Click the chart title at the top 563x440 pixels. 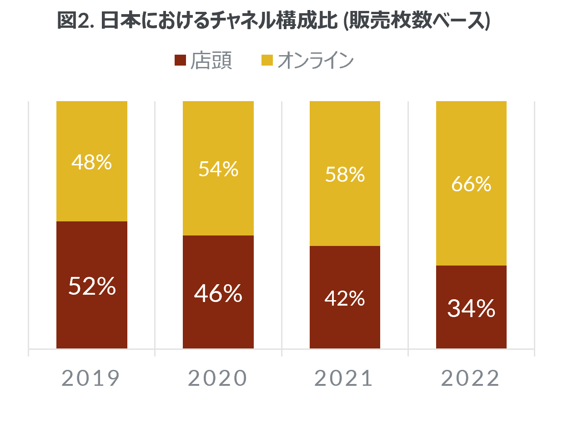tap(273, 21)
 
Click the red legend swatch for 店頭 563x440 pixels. tap(181, 60)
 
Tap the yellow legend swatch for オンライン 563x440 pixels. tap(267, 60)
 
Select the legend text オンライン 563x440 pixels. tap(315, 61)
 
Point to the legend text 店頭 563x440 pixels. tap(211, 61)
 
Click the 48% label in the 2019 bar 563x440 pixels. tap(92, 162)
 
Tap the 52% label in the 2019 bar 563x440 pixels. tap(92, 286)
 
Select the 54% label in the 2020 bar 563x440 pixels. tap(218, 169)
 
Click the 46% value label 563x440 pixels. tap(218, 293)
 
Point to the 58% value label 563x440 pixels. tap(345, 174)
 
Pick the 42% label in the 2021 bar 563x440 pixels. tap(345, 298)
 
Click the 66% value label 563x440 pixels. tap(471, 184)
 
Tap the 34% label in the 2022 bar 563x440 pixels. tap(471, 308)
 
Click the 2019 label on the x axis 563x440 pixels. tap(91, 378)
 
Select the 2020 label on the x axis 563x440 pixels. tap(217, 378)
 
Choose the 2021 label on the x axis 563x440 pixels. tap(344, 378)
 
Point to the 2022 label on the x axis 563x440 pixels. tap(471, 378)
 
